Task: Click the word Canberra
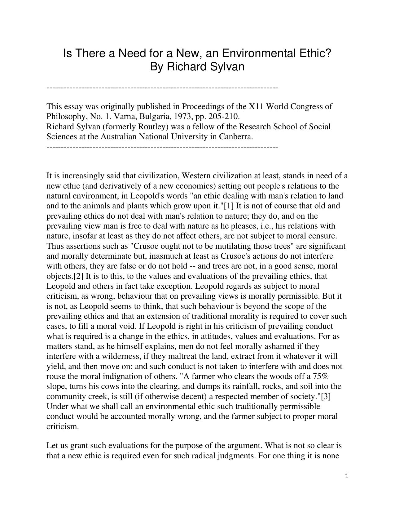[x=236, y=136]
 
